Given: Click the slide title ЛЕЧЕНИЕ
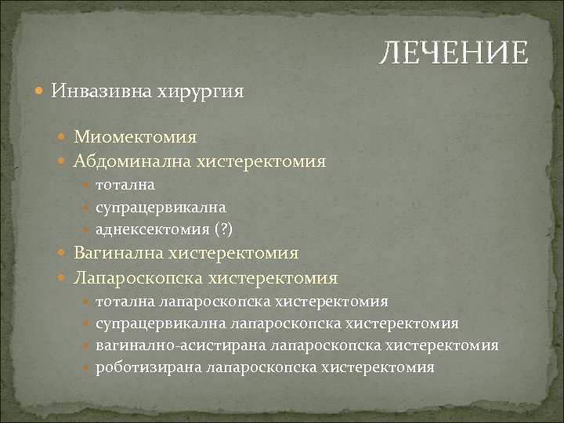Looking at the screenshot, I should (x=454, y=54).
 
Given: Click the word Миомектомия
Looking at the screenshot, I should (x=136, y=137).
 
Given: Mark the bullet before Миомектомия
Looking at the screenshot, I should (x=65, y=138).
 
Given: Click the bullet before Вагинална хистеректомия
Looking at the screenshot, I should (x=65, y=254).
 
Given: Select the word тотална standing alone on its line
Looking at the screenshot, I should (x=125, y=186).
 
